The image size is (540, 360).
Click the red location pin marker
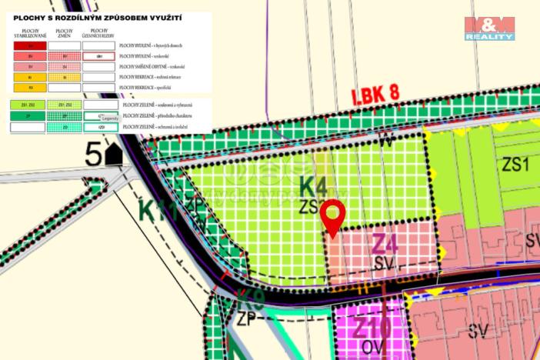(x=332, y=217)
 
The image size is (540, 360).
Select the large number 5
(x=94, y=154)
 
